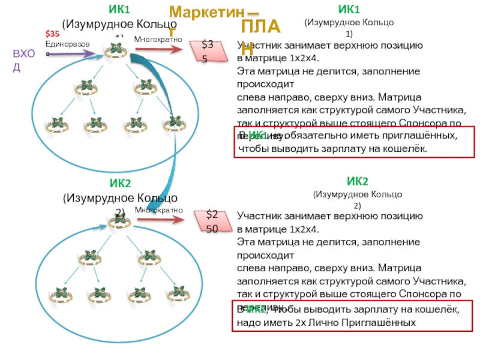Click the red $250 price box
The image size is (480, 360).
click(x=213, y=221)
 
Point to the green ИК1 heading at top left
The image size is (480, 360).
click(x=119, y=10)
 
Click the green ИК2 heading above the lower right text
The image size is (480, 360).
click(x=358, y=181)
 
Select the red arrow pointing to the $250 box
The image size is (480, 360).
click(x=162, y=220)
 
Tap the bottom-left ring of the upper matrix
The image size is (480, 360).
click(x=58, y=125)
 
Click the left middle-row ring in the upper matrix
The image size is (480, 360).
click(x=85, y=88)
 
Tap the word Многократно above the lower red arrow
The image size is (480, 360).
click(x=158, y=210)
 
